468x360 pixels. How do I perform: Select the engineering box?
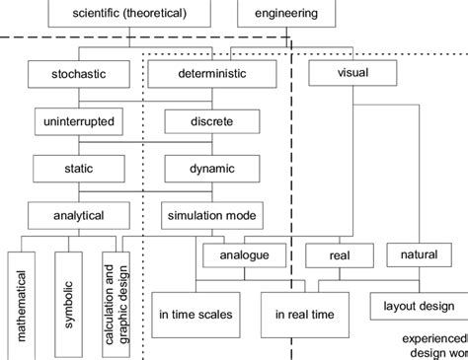pos(285,15)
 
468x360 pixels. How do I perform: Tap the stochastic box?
pos(80,74)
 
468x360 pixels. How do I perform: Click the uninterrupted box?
pos(80,121)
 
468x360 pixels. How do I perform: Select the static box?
pos(80,169)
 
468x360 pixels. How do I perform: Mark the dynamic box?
pos(213,169)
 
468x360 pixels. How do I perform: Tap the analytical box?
pos(80,215)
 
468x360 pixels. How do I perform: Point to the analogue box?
pos(247,255)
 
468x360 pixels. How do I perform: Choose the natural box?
pos(419,255)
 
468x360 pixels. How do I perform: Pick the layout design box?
pos(419,307)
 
